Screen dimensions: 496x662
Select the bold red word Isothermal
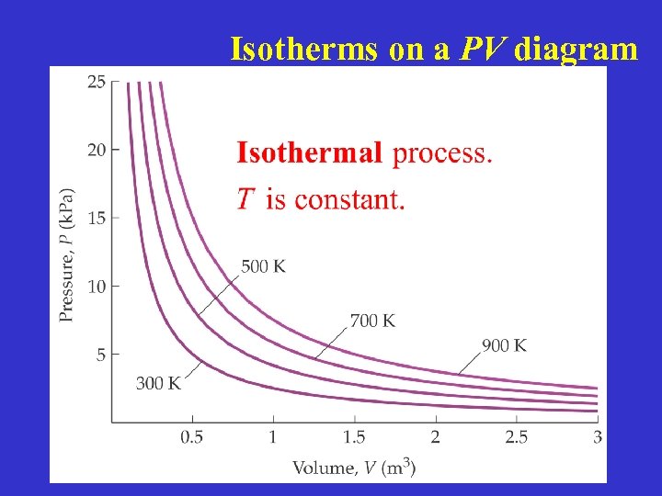point(309,152)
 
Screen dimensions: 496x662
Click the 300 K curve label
point(159,384)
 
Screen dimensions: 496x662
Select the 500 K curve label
point(263,266)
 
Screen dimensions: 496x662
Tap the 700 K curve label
point(373,321)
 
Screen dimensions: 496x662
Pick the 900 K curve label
point(505,345)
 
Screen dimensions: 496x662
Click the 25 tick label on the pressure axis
point(96,81)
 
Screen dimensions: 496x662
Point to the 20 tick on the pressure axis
point(96,149)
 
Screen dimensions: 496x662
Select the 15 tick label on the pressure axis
point(96,218)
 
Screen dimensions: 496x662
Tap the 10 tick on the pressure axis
point(96,286)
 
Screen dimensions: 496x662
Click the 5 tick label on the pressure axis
point(100,354)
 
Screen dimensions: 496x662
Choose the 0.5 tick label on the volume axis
point(191,437)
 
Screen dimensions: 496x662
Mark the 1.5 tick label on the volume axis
point(354,437)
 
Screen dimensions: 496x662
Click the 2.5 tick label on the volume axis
point(517,437)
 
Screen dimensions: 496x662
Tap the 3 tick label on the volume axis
point(598,437)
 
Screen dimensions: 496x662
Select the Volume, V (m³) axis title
point(354,468)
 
